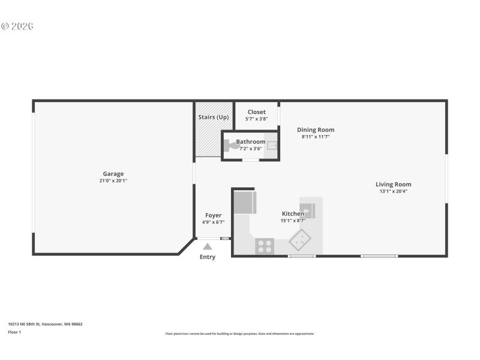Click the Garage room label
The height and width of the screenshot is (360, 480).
113,174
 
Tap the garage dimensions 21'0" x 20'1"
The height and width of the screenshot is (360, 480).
113,181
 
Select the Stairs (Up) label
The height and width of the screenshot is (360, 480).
213,117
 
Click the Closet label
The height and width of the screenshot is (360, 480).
256,112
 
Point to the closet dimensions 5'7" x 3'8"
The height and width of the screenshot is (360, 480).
256,119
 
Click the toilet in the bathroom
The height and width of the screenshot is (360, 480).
230,144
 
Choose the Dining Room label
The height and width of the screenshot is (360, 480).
316,130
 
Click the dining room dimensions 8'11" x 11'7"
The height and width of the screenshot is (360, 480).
316,137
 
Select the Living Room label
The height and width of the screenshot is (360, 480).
394,184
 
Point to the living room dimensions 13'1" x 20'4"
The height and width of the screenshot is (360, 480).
394,191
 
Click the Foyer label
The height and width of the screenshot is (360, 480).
213,215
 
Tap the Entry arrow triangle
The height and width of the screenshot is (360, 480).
207,246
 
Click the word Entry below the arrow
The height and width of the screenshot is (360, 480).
207,257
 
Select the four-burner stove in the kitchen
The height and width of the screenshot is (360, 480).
265,246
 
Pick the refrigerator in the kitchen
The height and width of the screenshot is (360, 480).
245,202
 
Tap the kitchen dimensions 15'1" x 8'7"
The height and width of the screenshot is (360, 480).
293,221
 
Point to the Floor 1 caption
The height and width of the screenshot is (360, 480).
14,332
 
